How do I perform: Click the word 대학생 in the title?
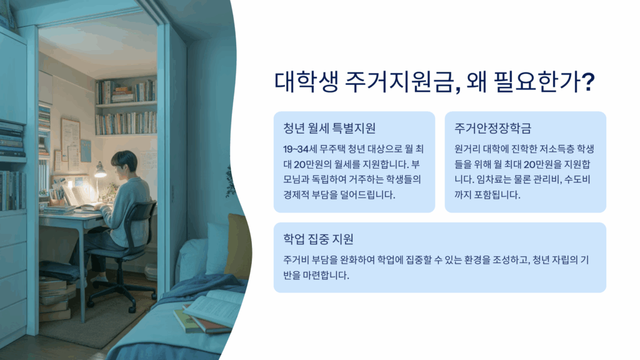pos(306,82)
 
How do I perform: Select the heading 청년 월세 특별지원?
pos(329,128)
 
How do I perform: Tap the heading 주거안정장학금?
pos(492,128)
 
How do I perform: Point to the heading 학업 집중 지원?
pos(318,239)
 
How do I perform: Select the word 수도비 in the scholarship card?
pos(577,179)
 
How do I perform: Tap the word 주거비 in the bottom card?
pos(296,260)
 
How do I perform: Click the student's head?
pos(124,162)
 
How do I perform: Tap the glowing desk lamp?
pos(99,171)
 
